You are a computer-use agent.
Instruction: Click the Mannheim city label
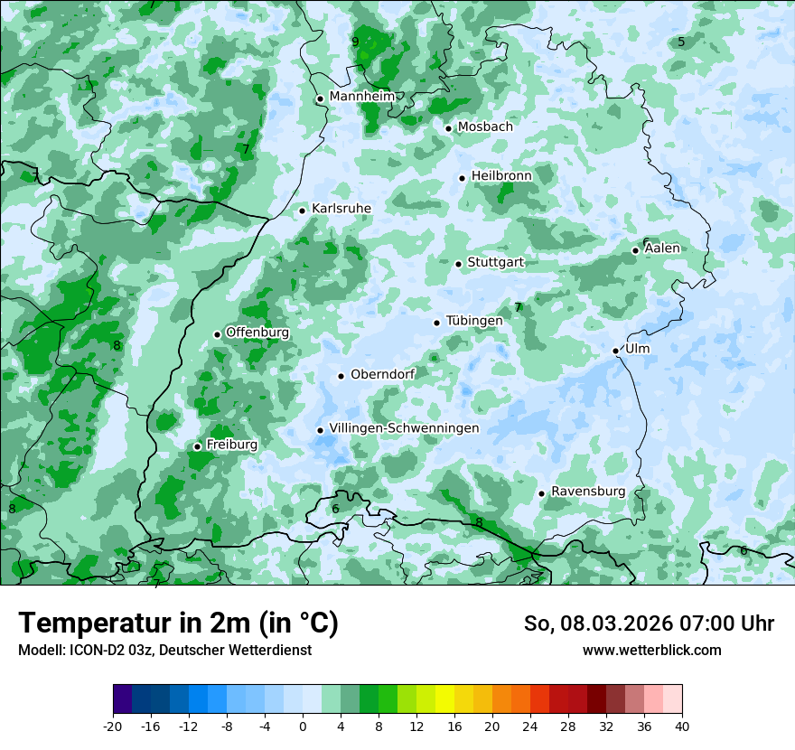coord(361,97)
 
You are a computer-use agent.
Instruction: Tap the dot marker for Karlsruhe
coord(303,211)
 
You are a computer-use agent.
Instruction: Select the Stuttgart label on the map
coord(495,263)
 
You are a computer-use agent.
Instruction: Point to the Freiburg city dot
coord(197,446)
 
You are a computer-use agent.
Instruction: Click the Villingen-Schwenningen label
coord(404,428)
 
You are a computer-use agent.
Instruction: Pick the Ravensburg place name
coord(587,492)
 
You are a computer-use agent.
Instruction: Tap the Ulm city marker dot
coord(615,351)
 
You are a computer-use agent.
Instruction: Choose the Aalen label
coord(662,248)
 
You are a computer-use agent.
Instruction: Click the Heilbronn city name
coord(501,176)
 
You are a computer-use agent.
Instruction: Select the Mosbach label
coord(484,127)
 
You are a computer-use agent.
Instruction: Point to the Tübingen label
coord(473,322)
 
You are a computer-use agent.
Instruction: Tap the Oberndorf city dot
coord(341,376)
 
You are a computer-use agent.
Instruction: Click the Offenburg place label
coord(257,333)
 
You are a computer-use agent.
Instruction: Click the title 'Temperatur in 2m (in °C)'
coord(178,623)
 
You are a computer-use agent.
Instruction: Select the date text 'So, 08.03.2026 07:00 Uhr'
coord(649,623)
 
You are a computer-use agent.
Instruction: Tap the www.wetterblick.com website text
coord(651,651)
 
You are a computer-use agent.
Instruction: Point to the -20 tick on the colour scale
coord(113,726)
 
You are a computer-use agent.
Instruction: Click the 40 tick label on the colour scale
coord(682,726)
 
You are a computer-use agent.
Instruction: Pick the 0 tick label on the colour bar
coord(303,726)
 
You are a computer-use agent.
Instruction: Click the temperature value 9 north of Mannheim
coord(355,42)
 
